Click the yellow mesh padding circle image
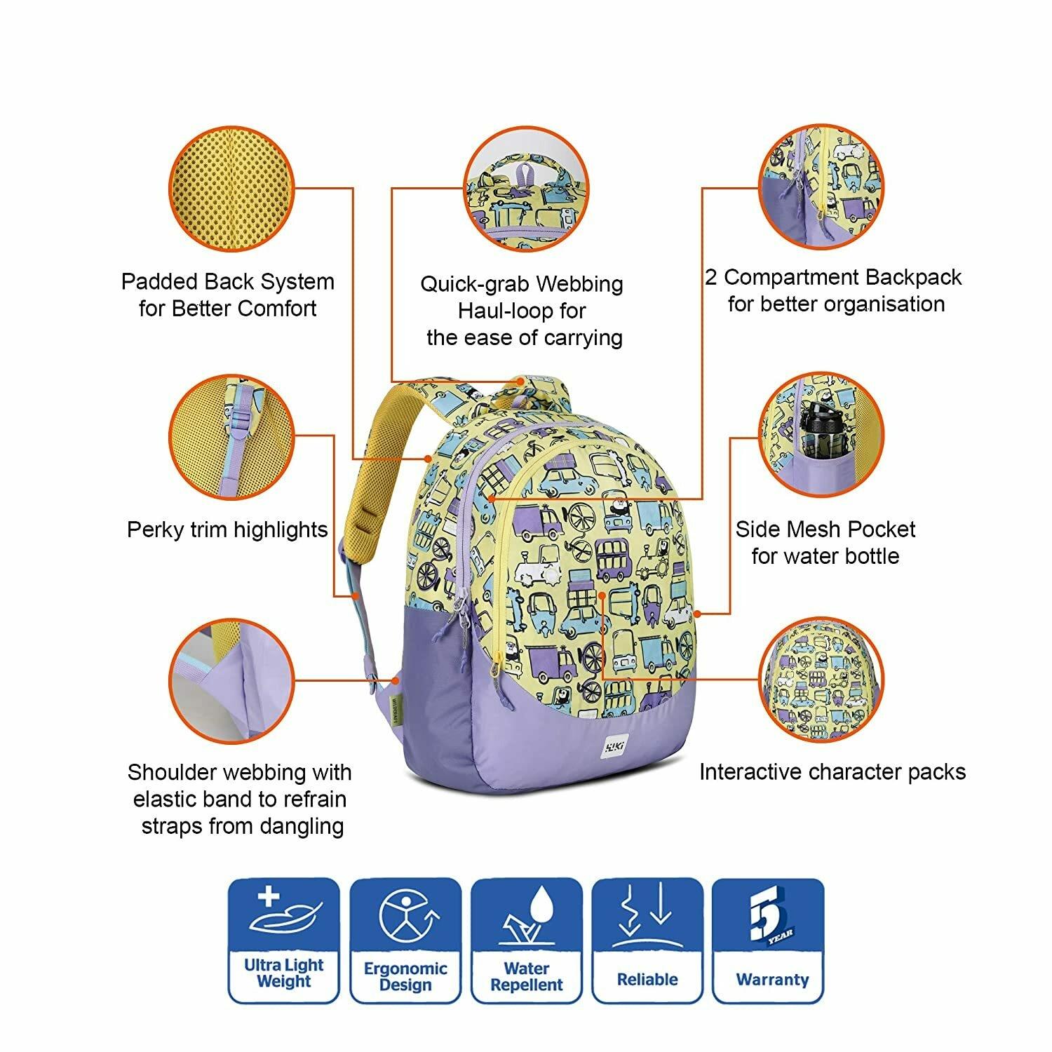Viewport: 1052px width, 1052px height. (231, 187)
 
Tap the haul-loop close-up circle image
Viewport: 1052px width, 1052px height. (525, 187)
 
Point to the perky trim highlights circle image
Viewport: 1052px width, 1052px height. (231, 436)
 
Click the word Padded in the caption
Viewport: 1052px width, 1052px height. (160, 282)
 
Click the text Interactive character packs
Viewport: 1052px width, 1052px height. (832, 772)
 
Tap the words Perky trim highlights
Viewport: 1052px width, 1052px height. (227, 530)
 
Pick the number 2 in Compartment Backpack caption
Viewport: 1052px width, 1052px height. (711, 278)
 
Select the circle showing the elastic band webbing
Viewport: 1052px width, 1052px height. (231, 681)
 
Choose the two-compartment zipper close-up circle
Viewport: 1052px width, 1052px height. (821, 187)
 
